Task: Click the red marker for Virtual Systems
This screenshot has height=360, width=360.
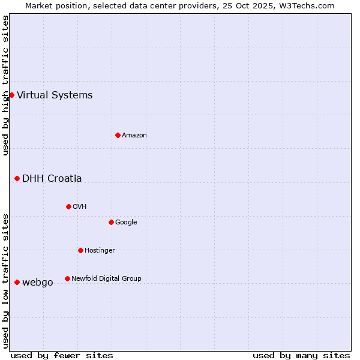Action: click(x=11, y=95)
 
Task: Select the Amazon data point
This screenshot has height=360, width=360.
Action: click(x=118, y=135)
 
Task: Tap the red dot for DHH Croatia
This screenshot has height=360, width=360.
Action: click(x=17, y=178)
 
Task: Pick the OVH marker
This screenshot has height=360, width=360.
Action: click(x=68, y=206)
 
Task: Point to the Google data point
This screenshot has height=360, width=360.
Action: click(x=111, y=222)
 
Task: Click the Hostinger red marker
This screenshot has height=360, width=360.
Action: click(x=80, y=250)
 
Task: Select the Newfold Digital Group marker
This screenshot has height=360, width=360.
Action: click(x=67, y=278)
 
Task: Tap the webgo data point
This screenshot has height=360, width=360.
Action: click(x=17, y=282)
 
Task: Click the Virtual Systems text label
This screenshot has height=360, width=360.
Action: click(x=55, y=95)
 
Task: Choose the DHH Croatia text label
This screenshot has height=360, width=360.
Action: click(x=52, y=178)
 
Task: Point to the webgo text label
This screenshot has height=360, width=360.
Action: click(x=38, y=282)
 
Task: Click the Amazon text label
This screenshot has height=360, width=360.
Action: click(x=134, y=135)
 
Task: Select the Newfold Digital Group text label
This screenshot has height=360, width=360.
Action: click(x=106, y=278)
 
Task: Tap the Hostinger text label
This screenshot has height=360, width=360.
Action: click(x=100, y=250)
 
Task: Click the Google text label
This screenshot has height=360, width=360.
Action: click(x=126, y=222)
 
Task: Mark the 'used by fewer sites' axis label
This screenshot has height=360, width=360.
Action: click(x=62, y=355)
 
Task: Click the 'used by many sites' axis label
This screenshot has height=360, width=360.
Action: click(x=301, y=355)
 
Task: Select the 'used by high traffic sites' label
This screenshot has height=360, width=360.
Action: click(x=5, y=85)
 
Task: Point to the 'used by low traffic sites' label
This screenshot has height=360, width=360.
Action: click(x=5, y=280)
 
